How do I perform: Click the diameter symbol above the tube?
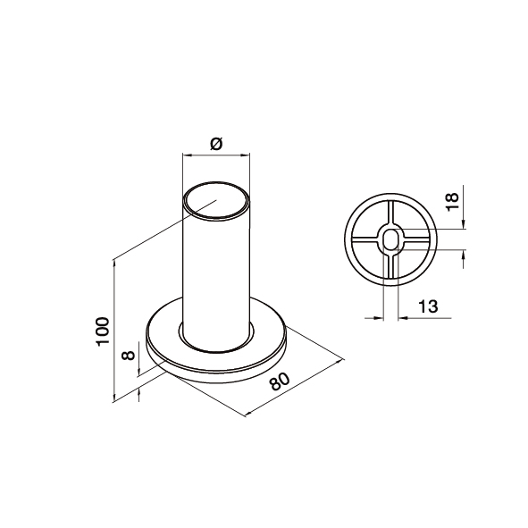click(216, 144)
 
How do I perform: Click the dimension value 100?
click(103, 331)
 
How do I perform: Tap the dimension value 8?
click(129, 355)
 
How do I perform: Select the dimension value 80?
click(280, 381)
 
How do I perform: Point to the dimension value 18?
click(452, 201)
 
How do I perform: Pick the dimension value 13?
click(428, 306)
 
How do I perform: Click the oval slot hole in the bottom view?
click(390, 239)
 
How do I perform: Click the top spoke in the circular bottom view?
click(390, 212)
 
